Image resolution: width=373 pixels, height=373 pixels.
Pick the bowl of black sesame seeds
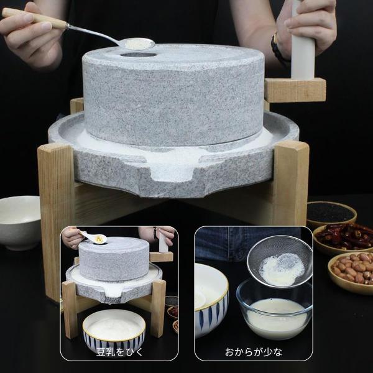(x=331, y=213)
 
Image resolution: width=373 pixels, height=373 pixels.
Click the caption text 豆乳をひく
(x=119, y=352)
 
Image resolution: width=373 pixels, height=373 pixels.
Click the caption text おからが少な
(x=252, y=352)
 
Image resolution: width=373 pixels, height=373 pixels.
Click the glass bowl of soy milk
(x=275, y=311)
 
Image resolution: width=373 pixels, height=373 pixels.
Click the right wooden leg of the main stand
(x=291, y=180)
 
